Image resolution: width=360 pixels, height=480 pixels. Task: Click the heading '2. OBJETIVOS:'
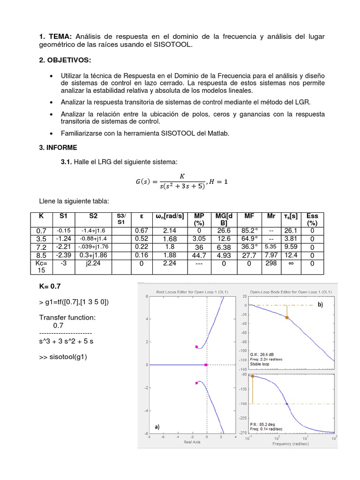click(65, 60)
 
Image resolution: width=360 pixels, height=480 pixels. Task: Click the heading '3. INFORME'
click(58, 147)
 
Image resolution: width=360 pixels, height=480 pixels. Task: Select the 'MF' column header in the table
click(249, 216)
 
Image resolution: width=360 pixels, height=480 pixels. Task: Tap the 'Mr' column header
click(271, 216)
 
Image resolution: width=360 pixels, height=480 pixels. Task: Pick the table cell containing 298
click(271, 263)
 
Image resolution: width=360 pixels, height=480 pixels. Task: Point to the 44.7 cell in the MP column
click(199, 255)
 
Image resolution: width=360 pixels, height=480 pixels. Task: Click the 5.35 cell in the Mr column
click(271, 247)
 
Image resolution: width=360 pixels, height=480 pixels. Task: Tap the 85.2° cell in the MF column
click(249, 231)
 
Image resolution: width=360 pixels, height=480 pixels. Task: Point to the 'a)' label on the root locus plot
click(157, 427)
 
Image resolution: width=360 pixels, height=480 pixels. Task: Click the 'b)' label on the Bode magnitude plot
click(321, 304)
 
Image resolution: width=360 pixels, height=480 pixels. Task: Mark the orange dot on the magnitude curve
click(287, 317)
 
